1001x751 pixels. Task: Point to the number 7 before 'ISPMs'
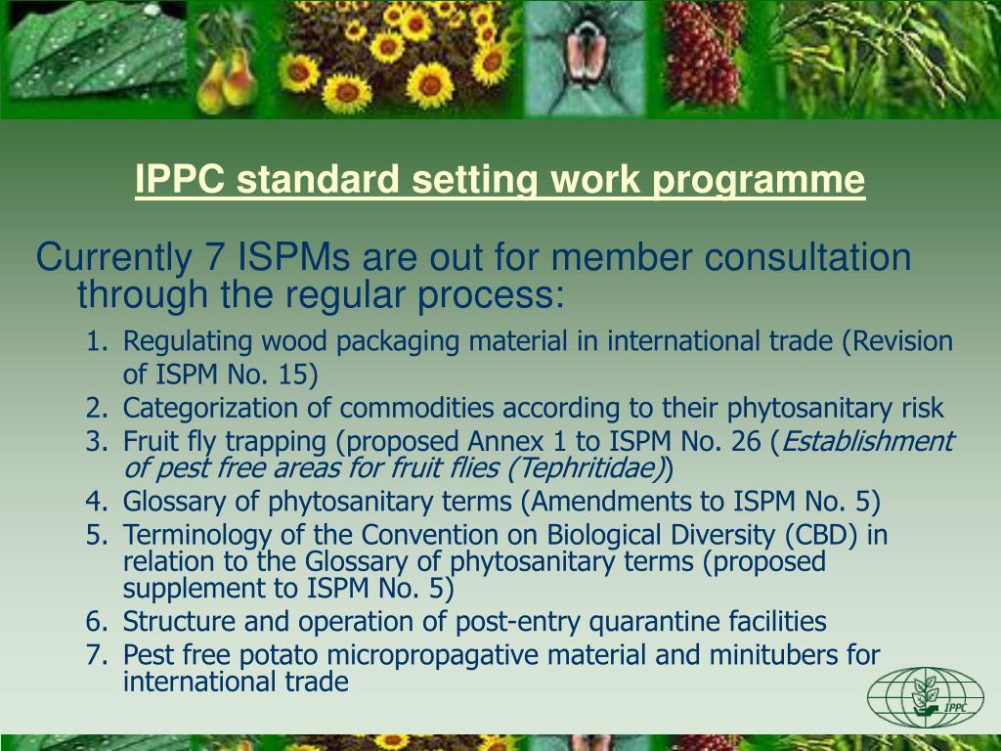pyautogui.click(x=215, y=258)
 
